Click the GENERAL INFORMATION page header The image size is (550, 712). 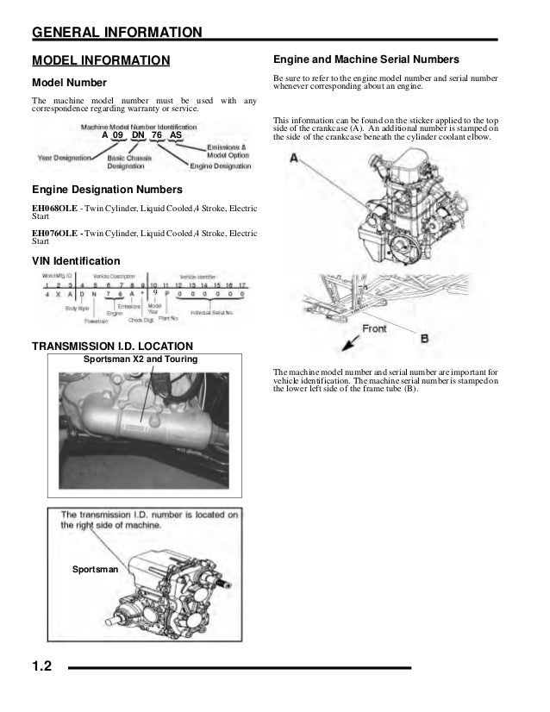[117, 33]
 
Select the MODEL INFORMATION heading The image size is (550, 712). [101, 59]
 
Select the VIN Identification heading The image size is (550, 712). [76, 260]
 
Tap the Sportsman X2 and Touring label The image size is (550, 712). [140, 359]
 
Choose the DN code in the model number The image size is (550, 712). [138, 136]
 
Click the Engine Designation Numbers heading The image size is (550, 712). [106, 189]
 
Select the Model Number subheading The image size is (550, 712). [69, 83]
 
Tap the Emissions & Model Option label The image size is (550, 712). [230, 149]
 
